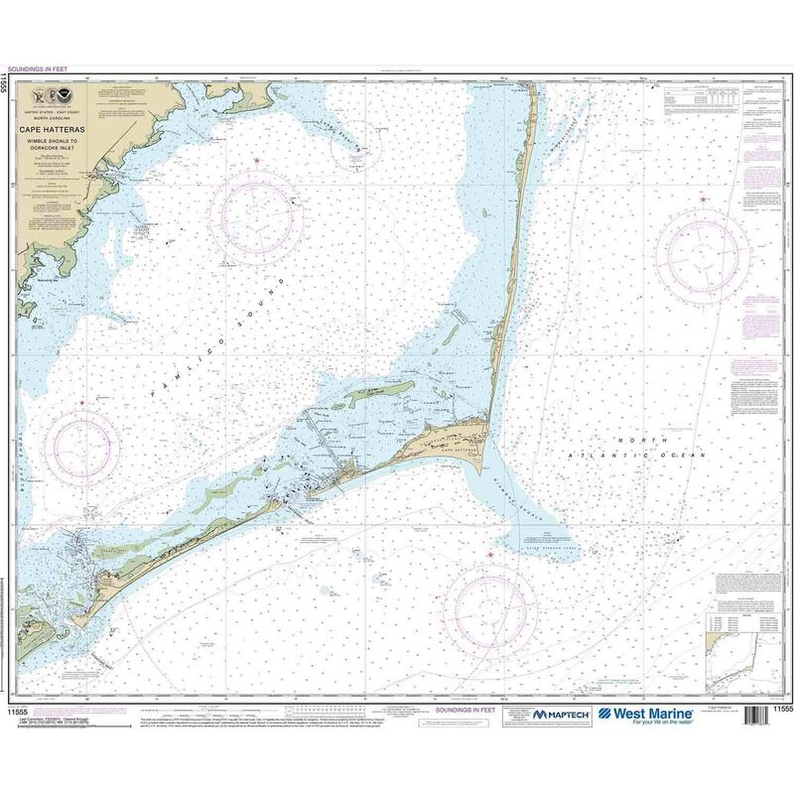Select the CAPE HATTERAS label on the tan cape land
click(x=456, y=447)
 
